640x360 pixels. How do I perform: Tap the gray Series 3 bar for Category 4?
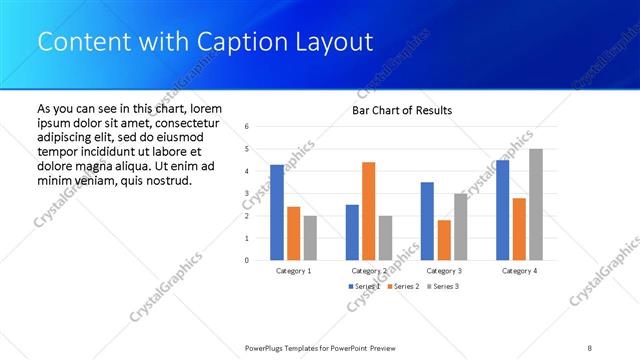(x=536, y=205)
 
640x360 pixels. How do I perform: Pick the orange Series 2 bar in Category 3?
(x=443, y=240)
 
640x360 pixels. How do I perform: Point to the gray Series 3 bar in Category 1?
(x=310, y=238)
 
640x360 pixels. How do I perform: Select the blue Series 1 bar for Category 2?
(x=352, y=232)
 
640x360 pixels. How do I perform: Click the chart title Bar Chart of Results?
(x=402, y=110)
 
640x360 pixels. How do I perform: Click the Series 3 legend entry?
(x=444, y=287)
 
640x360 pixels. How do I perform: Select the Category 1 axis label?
(x=293, y=271)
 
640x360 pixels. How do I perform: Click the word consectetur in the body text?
(x=182, y=122)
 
